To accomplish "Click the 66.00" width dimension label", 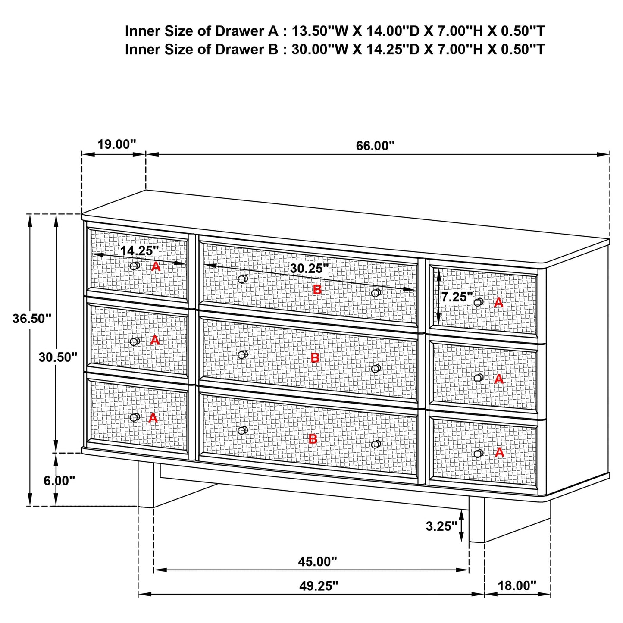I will coord(375,146).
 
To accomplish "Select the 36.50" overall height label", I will coord(32,319).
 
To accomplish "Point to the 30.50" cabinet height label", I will coord(58,357).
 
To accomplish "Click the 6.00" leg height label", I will coord(59,480).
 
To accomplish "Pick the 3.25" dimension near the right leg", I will coord(441,526).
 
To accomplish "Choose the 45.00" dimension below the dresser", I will coord(317,561).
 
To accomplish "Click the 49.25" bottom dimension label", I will coord(319,585).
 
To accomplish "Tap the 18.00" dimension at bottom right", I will coord(517,585).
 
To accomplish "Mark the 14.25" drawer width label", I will coord(139,250).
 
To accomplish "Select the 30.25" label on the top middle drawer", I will coord(309,269).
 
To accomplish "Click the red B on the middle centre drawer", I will coord(315,357).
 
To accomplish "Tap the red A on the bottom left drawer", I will coord(153,418).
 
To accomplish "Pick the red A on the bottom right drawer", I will coord(499,452).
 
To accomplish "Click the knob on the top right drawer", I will coord(478,302).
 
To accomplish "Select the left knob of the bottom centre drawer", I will coord(242,430).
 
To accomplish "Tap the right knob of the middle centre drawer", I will coord(376,369).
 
